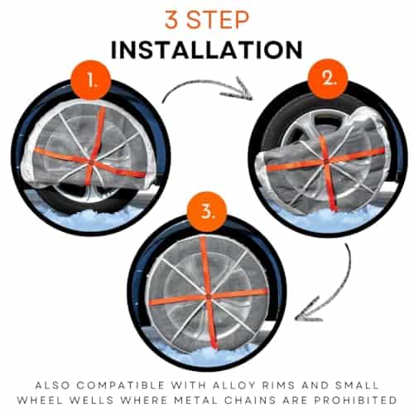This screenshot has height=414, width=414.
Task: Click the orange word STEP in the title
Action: (x=218, y=20)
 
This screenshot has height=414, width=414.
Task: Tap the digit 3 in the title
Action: (x=171, y=20)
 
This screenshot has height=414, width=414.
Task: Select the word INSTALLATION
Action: (x=207, y=50)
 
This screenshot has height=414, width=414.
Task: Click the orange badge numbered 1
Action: (x=91, y=80)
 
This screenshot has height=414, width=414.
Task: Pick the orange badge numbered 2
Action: (x=328, y=79)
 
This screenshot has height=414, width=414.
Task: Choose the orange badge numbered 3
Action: (x=207, y=212)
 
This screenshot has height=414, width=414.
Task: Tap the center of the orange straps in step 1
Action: (x=90, y=161)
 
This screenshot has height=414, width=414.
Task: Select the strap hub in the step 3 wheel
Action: (x=208, y=296)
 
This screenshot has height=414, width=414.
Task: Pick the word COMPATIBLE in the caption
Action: (x=121, y=386)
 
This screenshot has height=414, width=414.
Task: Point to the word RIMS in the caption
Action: (x=278, y=386)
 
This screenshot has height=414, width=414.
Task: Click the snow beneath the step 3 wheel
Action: (x=207, y=356)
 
